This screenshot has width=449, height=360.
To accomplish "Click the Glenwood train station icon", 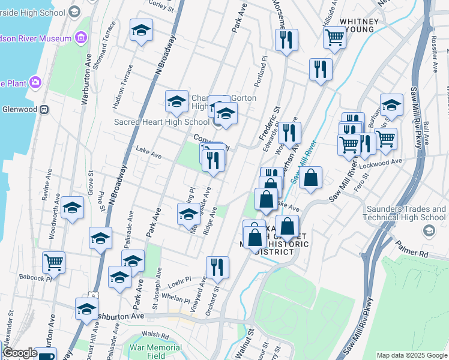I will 43,110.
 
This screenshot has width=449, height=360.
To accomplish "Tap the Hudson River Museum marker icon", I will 80,37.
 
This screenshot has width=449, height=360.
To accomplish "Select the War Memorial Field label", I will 148,351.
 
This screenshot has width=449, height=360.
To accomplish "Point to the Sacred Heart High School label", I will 153,122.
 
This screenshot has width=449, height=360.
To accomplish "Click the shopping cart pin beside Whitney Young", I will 334,39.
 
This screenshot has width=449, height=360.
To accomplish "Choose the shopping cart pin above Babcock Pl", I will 54,262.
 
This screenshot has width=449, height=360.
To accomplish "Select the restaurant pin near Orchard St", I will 217,267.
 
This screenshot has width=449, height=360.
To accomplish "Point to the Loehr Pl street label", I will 179,280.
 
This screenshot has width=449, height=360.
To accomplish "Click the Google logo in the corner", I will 20,353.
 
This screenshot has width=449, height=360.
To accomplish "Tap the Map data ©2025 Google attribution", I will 412,355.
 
